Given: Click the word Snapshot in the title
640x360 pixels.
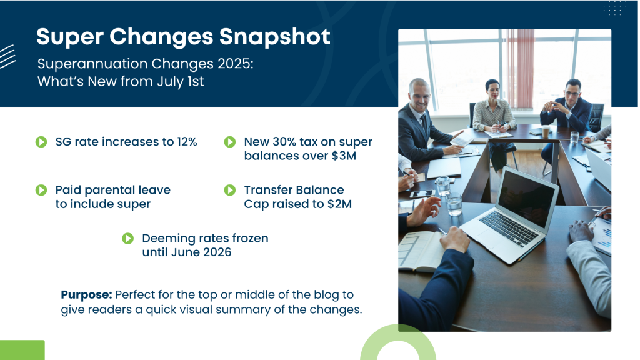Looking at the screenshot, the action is pyautogui.click(x=275, y=37).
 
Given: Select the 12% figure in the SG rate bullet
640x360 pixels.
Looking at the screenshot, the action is pyautogui.click(x=187, y=142).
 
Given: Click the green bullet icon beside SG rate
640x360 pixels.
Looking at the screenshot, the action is pyautogui.click(x=41, y=142).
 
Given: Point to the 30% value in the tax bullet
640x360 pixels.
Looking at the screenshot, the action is pyautogui.click(x=284, y=142).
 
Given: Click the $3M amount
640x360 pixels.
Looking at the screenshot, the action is pyautogui.click(x=344, y=156).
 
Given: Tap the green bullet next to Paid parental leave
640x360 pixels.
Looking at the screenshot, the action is pyautogui.click(x=41, y=190).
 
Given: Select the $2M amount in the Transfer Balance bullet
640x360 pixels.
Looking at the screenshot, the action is pyautogui.click(x=339, y=204).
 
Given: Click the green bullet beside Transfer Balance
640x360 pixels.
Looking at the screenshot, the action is pyautogui.click(x=230, y=190).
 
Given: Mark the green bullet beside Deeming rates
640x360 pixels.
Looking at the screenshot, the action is pyautogui.click(x=127, y=238).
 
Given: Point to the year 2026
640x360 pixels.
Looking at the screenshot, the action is pyautogui.click(x=217, y=252).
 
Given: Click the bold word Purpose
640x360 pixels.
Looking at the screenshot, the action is pyautogui.click(x=86, y=295).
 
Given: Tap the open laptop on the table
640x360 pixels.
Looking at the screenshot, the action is pyautogui.click(x=510, y=214).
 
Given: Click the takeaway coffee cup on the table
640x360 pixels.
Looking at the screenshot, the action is pyautogui.click(x=546, y=131).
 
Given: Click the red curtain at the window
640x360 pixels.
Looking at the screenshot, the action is pyautogui.click(x=519, y=68).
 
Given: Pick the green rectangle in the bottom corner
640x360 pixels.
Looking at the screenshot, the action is pyautogui.click(x=22, y=350).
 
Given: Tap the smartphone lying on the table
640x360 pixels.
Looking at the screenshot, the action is pyautogui.click(x=422, y=194).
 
